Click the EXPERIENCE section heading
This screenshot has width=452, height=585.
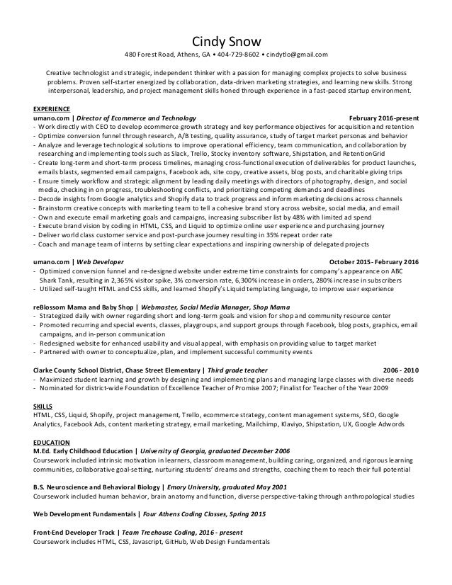(x=52, y=108)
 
